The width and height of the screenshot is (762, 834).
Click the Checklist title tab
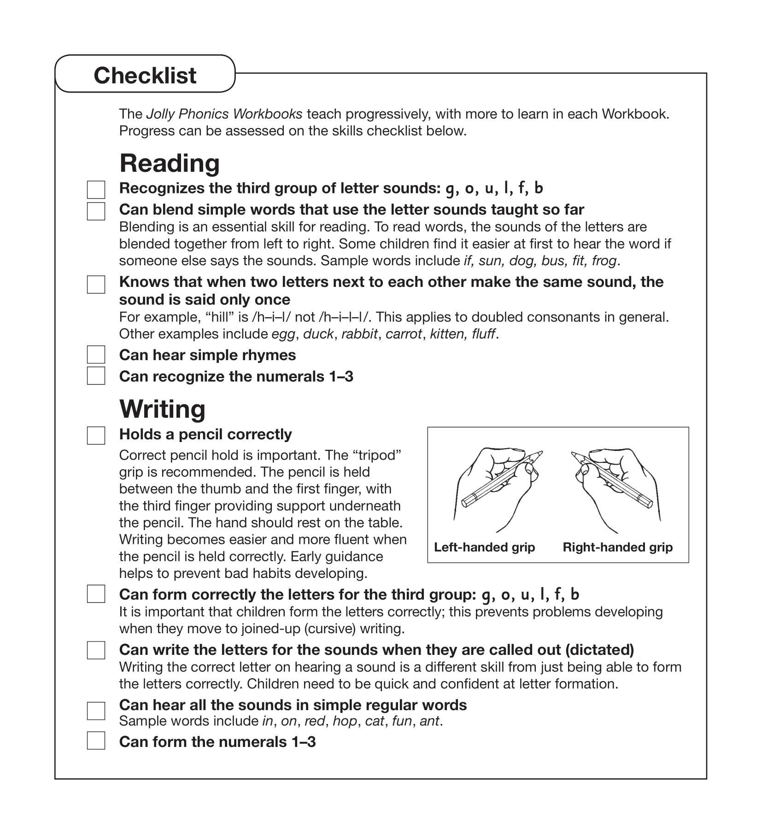(x=145, y=75)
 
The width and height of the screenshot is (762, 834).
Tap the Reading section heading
(x=169, y=163)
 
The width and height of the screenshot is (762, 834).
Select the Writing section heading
(x=162, y=409)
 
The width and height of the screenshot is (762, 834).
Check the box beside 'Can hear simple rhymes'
(x=96, y=355)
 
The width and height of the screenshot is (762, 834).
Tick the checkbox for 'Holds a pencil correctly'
(x=96, y=435)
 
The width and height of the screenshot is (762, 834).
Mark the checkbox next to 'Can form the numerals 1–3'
(x=96, y=741)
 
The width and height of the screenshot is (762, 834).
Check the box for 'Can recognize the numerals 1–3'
(x=96, y=376)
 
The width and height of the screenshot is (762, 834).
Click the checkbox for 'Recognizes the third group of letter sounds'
(x=96, y=190)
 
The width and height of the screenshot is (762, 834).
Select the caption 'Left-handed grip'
(x=484, y=547)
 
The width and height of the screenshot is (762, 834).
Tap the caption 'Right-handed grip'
(x=617, y=547)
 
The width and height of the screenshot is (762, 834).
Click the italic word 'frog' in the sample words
(x=604, y=261)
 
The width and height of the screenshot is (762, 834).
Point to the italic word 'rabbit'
(x=359, y=334)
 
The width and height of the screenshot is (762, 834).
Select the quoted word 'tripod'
(x=377, y=455)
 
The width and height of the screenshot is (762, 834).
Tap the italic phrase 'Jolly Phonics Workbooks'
(x=224, y=114)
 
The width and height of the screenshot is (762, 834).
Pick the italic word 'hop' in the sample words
(x=345, y=721)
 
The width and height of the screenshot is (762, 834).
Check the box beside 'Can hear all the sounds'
(x=96, y=711)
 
